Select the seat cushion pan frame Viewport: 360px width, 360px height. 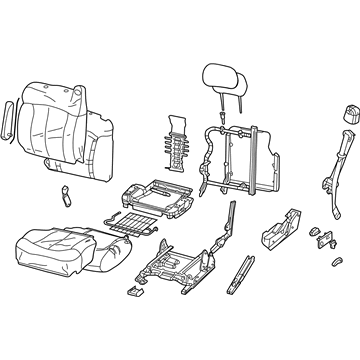point(150,196)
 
